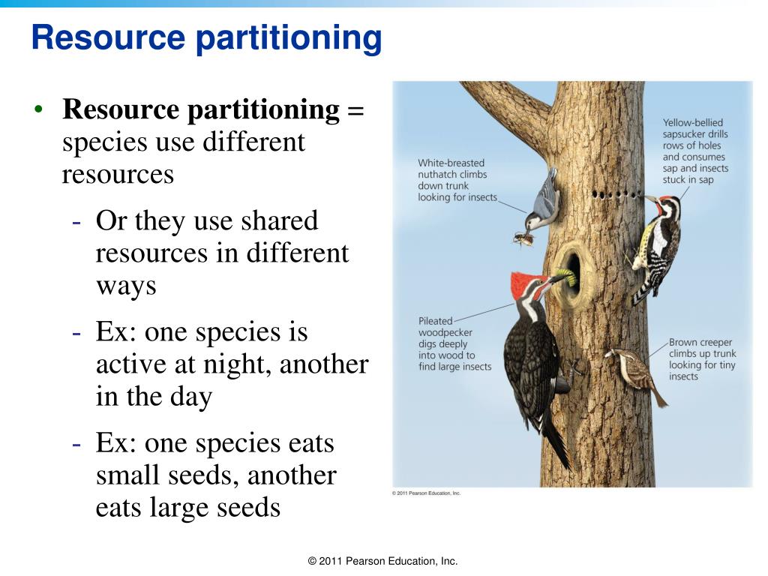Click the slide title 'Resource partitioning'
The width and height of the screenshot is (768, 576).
click(206, 37)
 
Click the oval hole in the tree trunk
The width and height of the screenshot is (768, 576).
click(573, 272)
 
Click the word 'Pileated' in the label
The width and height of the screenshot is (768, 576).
click(435, 322)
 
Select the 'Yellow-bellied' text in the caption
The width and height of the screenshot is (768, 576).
click(692, 123)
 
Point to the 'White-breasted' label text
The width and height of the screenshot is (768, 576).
click(451, 163)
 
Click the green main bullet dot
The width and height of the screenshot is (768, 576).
click(40, 110)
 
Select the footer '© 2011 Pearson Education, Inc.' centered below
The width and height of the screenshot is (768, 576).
click(382, 561)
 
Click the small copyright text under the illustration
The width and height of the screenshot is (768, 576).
click(426, 493)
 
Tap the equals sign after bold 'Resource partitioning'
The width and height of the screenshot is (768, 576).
click(355, 110)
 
